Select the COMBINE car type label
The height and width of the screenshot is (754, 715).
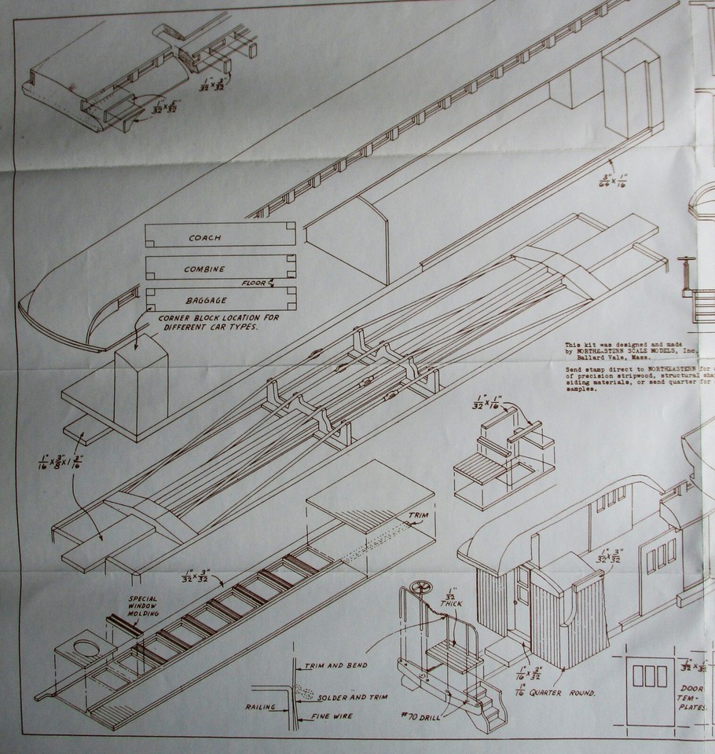coord(204,269)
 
